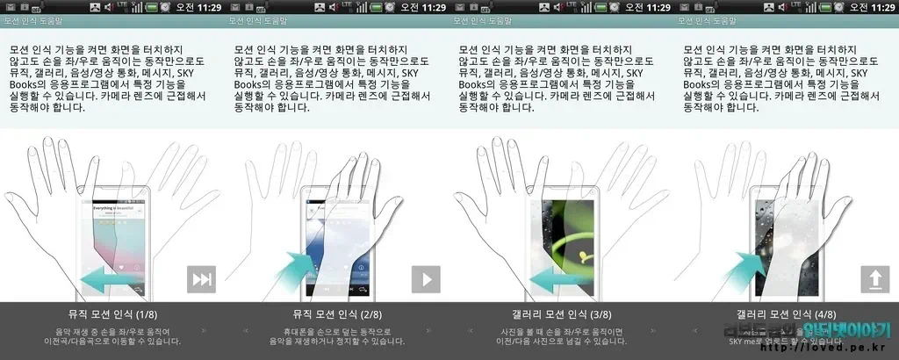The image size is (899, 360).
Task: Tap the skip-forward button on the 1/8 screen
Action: (x=201, y=279)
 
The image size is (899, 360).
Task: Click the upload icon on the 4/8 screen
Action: (x=874, y=279)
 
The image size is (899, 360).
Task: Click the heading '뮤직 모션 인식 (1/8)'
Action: (x=112, y=313)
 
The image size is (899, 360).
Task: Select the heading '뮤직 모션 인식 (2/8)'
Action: (x=337, y=313)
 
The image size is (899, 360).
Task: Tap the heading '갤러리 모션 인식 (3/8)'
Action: (x=562, y=313)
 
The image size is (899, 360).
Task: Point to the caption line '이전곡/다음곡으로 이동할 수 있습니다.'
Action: (x=112, y=341)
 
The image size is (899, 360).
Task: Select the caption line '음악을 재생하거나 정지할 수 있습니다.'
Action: (x=337, y=341)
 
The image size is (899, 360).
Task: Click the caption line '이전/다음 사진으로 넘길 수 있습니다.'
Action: (x=562, y=341)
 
